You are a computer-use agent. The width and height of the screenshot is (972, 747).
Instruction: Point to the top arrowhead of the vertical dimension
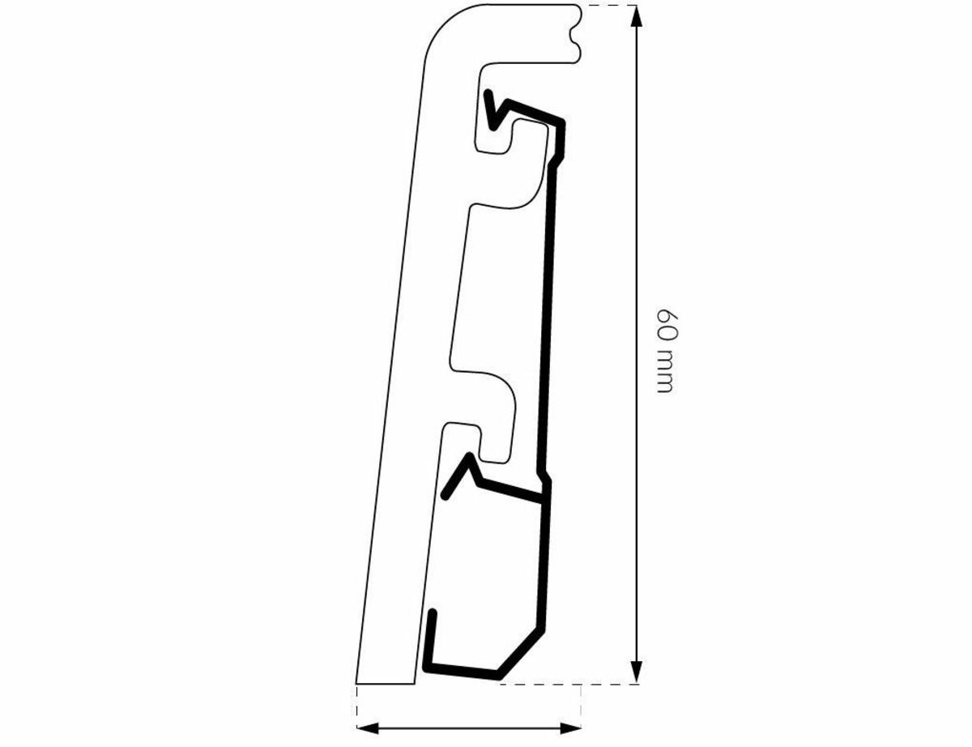(x=637, y=17)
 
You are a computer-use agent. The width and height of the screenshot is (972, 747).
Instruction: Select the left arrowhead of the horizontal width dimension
(x=369, y=728)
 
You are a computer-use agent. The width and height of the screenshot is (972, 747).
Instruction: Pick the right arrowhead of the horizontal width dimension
(x=569, y=728)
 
